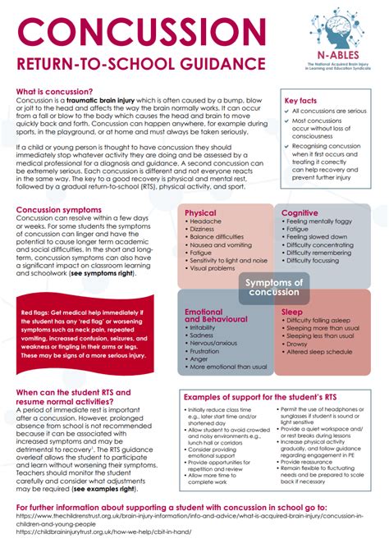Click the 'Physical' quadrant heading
[201, 212]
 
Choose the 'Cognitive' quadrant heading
[300, 212]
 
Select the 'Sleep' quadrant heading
[292, 312]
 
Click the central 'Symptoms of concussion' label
[274, 287]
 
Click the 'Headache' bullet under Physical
[206, 221]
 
